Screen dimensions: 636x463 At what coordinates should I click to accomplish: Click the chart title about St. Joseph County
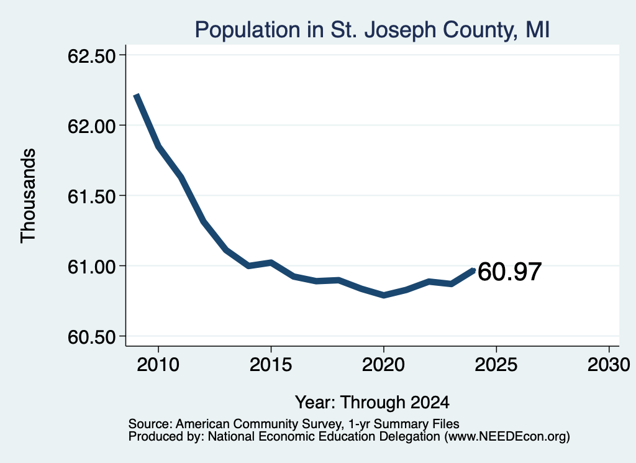pos(372,30)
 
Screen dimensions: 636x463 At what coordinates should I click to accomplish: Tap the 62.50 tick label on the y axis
pos(92,56)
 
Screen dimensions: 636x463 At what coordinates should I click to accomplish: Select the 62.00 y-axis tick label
pos(92,126)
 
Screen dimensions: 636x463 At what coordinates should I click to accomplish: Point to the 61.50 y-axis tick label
pos(92,196)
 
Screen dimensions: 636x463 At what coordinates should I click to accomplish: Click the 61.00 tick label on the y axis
pos(92,267)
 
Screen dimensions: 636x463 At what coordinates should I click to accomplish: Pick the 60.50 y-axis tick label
pos(92,337)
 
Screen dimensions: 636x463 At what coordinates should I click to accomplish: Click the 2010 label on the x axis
pos(158,364)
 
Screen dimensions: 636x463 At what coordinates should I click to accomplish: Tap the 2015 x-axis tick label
pos(271,364)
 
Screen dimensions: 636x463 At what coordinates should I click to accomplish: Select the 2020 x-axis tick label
pos(383,364)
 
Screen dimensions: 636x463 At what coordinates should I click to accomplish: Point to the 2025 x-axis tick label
pos(496,364)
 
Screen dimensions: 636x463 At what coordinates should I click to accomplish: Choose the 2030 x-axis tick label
pos(609,364)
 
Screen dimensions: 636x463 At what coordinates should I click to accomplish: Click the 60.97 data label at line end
pos(509,272)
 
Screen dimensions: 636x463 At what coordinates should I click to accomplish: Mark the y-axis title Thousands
pos(29,196)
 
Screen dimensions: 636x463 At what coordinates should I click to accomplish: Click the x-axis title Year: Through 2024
pos(372,403)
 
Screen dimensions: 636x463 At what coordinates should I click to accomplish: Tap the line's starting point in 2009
pos(136,95)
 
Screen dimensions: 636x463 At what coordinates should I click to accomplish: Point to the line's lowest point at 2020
pos(383,295)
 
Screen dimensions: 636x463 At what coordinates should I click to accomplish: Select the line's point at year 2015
pos(271,262)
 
